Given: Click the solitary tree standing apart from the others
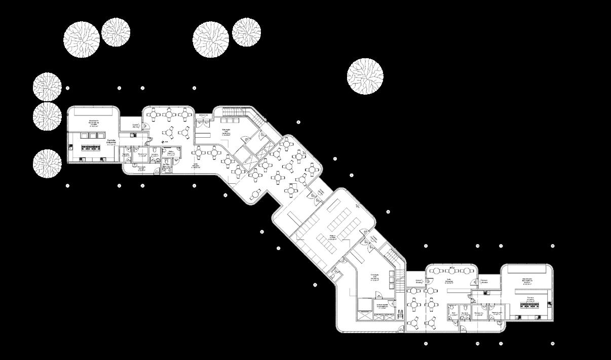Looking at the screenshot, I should tap(365, 76).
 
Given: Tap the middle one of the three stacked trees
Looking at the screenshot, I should tap(47, 116).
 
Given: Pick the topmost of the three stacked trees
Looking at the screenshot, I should tap(47, 86).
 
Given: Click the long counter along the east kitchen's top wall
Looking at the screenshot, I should tap(531, 292).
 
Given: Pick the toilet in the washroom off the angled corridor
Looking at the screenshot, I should tap(334, 276).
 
